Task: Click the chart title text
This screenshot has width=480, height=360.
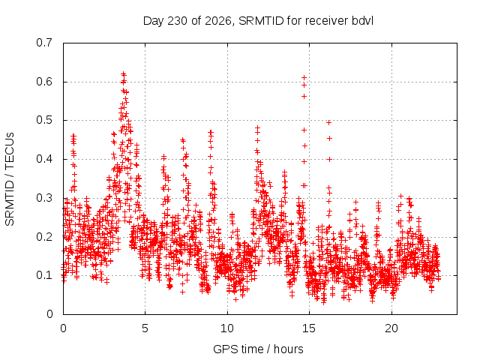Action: (x=258, y=21)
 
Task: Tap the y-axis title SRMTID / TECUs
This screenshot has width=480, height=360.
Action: (x=10, y=179)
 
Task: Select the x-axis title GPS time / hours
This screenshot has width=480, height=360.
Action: (x=258, y=349)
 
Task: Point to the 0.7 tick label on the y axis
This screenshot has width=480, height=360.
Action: (x=44, y=43)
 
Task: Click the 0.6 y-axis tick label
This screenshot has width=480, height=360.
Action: (x=44, y=82)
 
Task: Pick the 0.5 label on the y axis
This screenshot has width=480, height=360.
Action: (x=44, y=120)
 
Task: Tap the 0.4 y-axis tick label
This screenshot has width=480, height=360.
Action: (x=44, y=159)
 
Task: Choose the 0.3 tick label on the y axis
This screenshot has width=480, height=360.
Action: (x=44, y=198)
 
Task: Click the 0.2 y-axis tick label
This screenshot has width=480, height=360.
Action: (x=44, y=237)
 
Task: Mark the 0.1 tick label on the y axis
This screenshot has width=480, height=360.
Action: (x=44, y=275)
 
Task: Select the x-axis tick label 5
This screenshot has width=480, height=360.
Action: (x=145, y=328)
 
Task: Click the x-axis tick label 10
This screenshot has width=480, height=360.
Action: (x=227, y=328)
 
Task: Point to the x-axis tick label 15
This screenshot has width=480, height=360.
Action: (x=309, y=328)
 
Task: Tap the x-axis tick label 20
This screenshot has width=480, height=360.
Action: (x=391, y=328)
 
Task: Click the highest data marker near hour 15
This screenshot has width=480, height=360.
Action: (x=304, y=78)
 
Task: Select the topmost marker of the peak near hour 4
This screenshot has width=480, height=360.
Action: (x=123, y=73)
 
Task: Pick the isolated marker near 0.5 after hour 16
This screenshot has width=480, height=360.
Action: (x=328, y=123)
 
